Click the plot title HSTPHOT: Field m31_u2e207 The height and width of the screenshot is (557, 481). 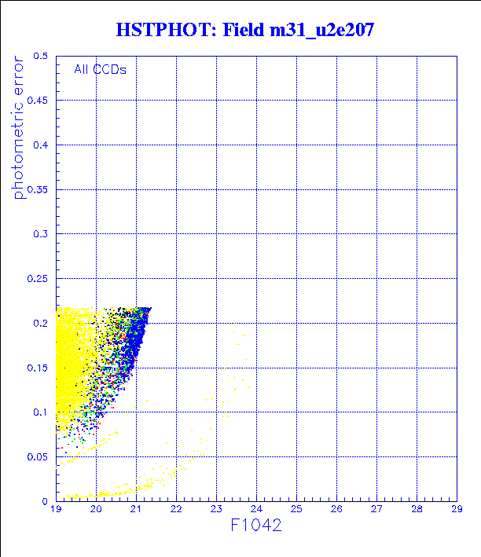(244, 31)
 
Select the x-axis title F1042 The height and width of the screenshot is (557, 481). (255, 525)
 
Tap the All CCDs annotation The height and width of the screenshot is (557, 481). (100, 69)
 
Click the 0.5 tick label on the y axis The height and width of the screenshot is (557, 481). (41, 57)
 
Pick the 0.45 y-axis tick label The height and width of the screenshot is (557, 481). (39, 101)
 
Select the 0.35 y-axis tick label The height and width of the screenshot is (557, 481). (39, 189)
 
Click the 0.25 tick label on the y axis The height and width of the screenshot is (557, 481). (39, 279)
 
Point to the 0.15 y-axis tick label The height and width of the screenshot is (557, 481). (39, 368)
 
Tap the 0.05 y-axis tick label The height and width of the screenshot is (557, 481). (39, 456)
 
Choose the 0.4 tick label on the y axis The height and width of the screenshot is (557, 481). (41, 145)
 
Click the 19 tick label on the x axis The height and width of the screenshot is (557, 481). (57, 510)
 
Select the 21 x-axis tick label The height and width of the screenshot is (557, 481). (136, 510)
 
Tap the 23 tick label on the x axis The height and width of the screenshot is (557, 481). (216, 510)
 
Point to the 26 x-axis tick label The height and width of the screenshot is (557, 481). (336, 510)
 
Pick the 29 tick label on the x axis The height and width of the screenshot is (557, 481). (456, 510)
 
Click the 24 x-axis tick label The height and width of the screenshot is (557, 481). (256, 510)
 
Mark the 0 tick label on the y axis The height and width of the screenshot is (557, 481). (46, 501)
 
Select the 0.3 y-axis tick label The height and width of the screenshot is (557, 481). (41, 234)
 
